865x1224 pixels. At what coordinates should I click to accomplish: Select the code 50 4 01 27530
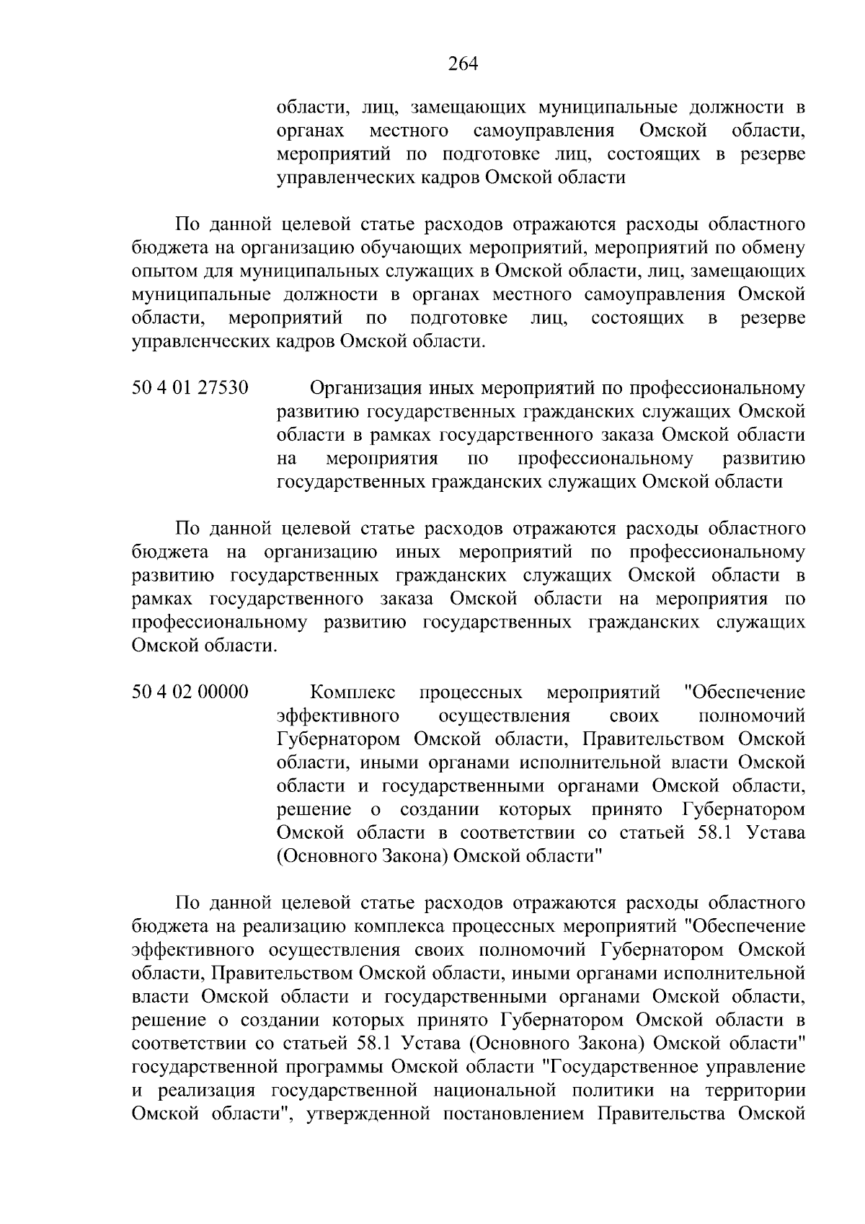tap(190, 389)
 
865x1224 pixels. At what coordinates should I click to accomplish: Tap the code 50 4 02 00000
tap(190, 693)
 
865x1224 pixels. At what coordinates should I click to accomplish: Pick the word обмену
tap(771, 248)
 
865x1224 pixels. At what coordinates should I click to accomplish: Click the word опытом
tap(161, 272)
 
